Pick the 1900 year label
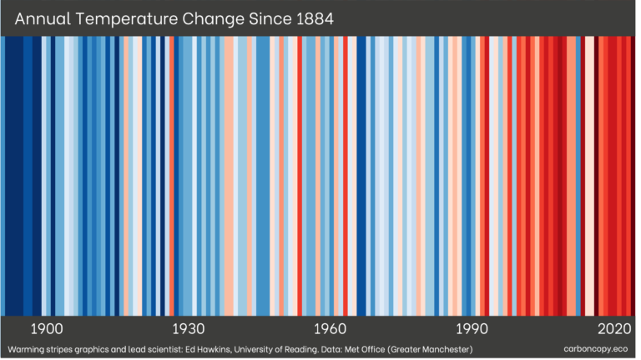[47, 328]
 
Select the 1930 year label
[189, 328]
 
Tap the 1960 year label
[331, 328]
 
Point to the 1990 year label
[472, 328]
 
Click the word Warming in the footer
[25, 348]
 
